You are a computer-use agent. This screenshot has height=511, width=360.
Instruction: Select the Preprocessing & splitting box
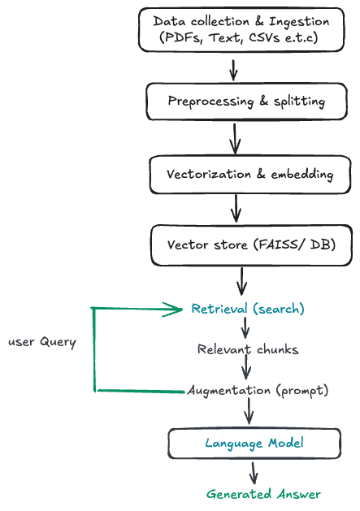point(235,102)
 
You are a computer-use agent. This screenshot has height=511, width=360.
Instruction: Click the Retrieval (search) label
point(248,310)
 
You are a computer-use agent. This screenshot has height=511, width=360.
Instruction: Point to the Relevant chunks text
point(248,350)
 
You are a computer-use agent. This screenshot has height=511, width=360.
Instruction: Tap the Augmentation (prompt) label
point(258,391)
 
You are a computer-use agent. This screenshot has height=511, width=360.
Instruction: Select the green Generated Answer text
point(263,494)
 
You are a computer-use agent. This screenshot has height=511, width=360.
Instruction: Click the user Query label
point(42,342)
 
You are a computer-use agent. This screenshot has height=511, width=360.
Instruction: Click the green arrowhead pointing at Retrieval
point(174,309)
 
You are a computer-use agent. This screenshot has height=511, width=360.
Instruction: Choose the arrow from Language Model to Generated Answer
point(254,472)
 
